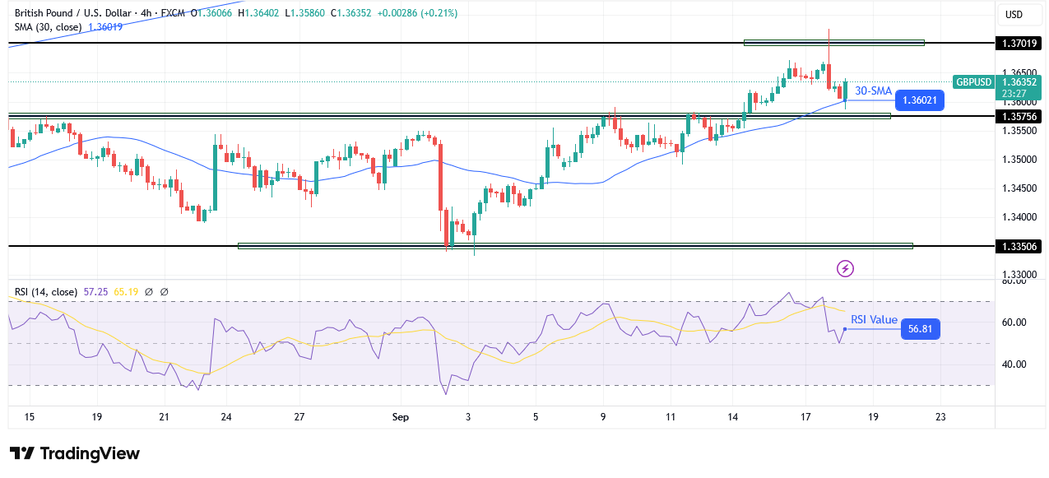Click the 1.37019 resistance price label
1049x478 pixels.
point(1019,43)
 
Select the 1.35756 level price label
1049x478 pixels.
point(1019,116)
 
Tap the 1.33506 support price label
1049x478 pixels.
point(1019,246)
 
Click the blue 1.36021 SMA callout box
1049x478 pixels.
point(919,100)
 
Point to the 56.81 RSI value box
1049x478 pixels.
point(920,329)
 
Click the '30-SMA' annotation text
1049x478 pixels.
point(873,90)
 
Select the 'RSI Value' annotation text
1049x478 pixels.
point(874,320)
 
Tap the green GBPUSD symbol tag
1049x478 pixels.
point(974,81)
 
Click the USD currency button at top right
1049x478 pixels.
point(1014,14)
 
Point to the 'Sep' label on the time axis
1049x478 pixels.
point(401,417)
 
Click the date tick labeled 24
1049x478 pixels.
point(225,417)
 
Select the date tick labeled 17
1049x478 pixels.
point(805,417)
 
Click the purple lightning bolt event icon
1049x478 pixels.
point(845,268)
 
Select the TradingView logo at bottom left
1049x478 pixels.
point(75,453)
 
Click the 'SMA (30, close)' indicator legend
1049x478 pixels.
point(47,27)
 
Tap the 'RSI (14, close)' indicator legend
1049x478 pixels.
point(45,291)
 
